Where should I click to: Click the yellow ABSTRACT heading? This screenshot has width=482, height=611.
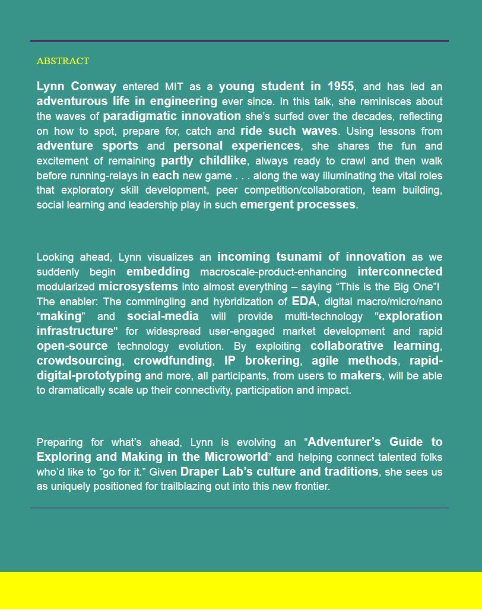coord(63,61)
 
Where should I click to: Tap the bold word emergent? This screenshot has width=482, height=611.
coord(267,204)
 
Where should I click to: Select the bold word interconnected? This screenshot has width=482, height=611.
coord(399,271)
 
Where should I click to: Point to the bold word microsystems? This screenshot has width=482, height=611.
coord(138,286)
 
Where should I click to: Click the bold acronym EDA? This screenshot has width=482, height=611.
coord(304,301)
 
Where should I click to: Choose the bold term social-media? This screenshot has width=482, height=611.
coord(163,316)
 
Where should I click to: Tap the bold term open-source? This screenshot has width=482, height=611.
coord(72,346)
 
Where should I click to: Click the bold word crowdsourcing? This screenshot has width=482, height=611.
coord(79,360)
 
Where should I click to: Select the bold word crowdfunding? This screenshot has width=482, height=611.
coord(173,360)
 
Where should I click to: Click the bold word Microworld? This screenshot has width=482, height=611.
coord(236,457)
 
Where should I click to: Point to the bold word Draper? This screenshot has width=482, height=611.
coord(199,471)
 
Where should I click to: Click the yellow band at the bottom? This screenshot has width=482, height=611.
coord(241,591)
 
